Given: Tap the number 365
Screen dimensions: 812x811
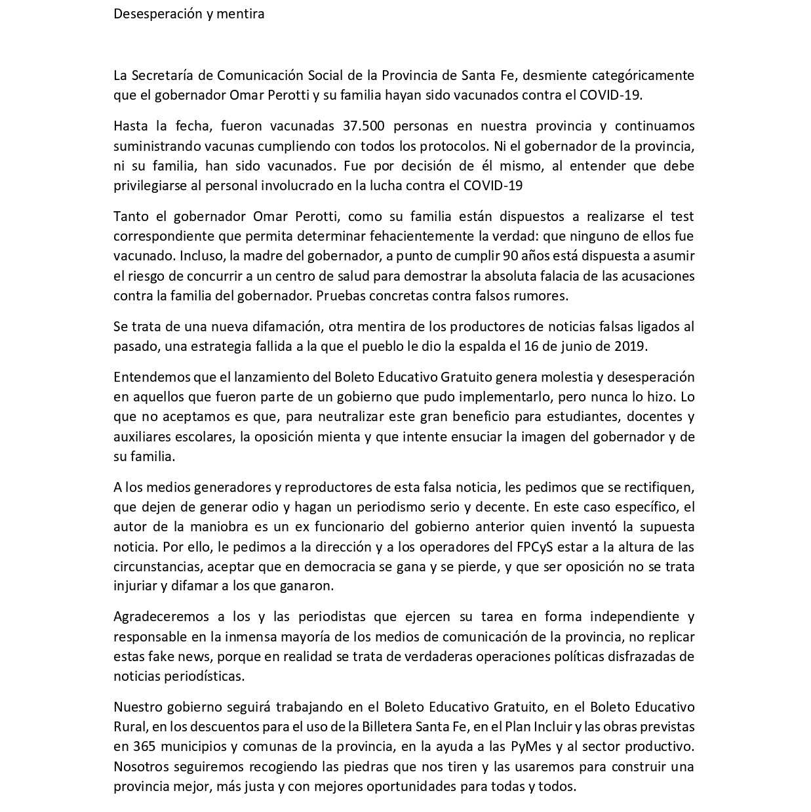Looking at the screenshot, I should point(144,747).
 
